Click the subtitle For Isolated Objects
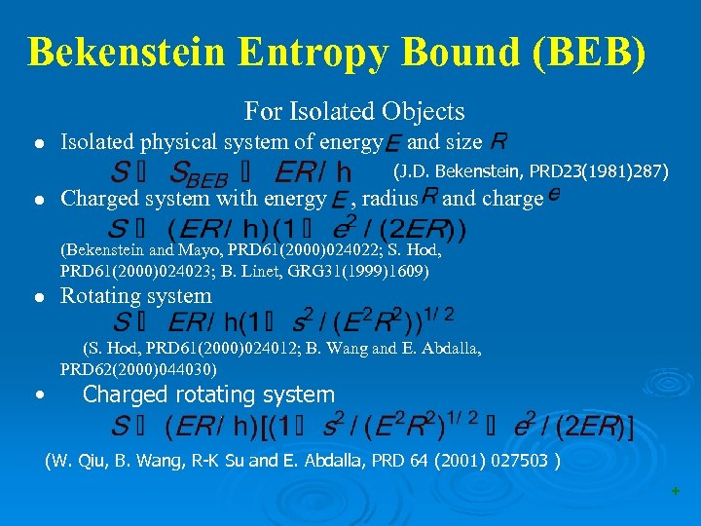[x=354, y=112]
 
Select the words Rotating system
[x=135, y=295]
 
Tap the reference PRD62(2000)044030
[x=138, y=369]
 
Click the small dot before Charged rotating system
[x=37, y=395]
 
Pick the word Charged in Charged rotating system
[x=125, y=394]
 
